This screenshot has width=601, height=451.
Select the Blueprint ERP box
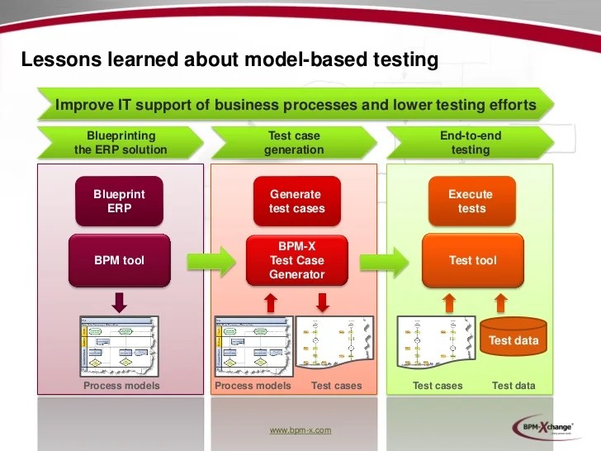[x=119, y=201]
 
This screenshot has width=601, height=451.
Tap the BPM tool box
[x=119, y=260]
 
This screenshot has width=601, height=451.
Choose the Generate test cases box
[x=296, y=201]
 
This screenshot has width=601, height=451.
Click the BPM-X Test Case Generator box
[x=296, y=260]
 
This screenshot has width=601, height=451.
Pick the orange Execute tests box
[x=471, y=201]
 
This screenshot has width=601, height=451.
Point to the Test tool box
[x=472, y=260]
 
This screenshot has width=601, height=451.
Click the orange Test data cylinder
[x=513, y=339]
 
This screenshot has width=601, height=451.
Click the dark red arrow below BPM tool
[x=120, y=301]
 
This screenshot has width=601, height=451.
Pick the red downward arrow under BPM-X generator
[x=323, y=301]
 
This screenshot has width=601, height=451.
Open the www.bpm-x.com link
[x=300, y=430]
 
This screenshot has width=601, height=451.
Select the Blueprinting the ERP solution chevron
[x=121, y=143]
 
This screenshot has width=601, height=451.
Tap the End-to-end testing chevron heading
[x=470, y=143]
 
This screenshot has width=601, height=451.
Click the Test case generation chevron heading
[x=294, y=143]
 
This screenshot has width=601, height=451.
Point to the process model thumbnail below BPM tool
[x=119, y=344]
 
